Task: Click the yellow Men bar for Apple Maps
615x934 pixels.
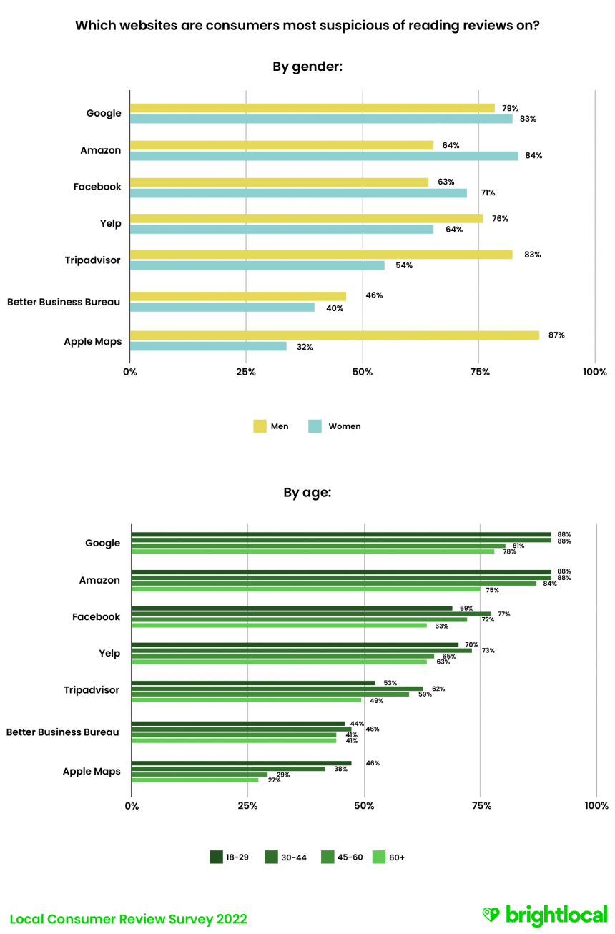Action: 335,335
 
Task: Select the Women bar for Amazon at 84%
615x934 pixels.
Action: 324,155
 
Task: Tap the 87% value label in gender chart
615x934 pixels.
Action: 556,335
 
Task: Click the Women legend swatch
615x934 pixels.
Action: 315,426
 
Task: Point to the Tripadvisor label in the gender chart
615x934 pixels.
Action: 93,260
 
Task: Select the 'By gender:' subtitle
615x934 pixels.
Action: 307,67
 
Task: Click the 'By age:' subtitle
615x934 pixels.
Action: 307,492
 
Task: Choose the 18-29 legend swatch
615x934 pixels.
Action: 217,857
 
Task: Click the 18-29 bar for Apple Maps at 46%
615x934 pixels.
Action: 242,763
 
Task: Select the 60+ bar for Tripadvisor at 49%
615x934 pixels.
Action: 247,700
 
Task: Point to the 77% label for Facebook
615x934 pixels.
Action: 503,614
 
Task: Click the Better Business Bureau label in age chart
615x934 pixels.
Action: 63,732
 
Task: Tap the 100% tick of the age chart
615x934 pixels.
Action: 596,806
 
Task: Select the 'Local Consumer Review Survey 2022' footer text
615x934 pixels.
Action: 129,919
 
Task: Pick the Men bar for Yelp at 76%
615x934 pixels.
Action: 306,218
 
